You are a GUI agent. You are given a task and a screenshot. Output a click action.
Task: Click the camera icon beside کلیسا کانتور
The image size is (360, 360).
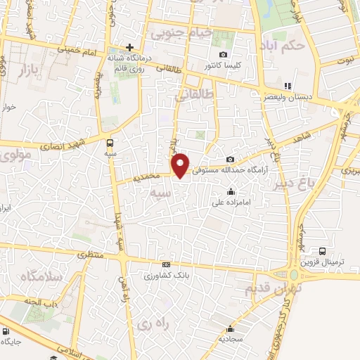[x=224, y=54]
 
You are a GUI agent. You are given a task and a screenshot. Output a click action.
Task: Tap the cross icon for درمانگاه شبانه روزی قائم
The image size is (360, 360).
[x=129, y=46]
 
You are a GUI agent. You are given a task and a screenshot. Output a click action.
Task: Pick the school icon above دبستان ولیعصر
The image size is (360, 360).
[x=287, y=85]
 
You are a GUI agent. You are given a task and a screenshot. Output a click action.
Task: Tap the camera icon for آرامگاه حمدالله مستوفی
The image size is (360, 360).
[x=231, y=160]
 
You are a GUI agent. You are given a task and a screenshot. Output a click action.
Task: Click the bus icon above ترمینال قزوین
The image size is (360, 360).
[x=322, y=251]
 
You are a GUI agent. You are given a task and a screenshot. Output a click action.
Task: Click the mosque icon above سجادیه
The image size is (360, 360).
[x=231, y=328]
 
